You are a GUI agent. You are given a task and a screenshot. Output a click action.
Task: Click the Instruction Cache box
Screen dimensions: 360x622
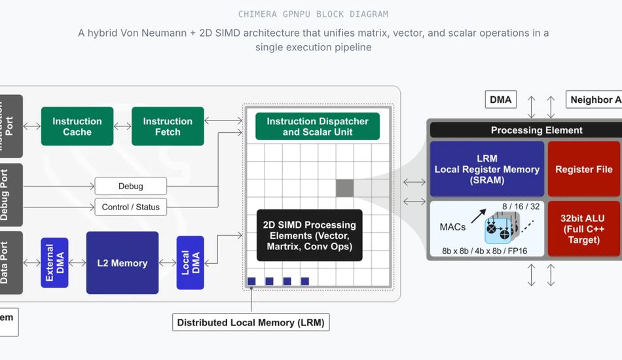[x=77, y=126]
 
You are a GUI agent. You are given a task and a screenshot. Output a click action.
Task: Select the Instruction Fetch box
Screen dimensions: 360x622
[x=168, y=126]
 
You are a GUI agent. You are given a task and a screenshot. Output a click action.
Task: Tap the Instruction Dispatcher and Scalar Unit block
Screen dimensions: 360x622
[x=318, y=126]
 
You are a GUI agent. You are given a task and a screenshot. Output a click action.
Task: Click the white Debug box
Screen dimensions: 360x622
[x=131, y=186]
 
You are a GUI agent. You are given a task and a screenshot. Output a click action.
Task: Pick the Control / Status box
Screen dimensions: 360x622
[x=131, y=207]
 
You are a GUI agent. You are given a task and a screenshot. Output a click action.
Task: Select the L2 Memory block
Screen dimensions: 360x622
[x=122, y=262]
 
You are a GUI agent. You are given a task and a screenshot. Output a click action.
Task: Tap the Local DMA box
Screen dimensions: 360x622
[x=190, y=262]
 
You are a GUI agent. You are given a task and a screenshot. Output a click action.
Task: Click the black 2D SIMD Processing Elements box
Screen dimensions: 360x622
[x=309, y=235]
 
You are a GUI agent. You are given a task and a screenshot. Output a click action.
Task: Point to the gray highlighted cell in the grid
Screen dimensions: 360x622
[x=344, y=188]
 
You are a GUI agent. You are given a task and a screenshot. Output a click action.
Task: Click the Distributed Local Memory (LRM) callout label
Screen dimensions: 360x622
[x=251, y=322]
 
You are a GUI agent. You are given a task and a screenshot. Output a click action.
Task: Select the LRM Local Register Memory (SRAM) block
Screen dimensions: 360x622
[x=486, y=169]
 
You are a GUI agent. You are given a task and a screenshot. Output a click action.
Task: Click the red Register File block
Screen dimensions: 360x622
[x=583, y=169]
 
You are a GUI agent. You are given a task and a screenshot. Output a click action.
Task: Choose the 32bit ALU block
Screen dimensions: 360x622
[x=583, y=228]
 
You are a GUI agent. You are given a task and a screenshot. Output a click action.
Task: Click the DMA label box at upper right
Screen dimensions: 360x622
[x=501, y=99]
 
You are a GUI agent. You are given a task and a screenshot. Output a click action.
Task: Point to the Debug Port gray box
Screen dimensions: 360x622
[x=10, y=194]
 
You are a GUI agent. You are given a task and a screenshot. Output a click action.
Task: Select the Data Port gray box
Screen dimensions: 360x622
[x=10, y=262]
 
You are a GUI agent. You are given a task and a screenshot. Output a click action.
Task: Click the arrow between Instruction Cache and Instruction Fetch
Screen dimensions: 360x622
[x=122, y=126]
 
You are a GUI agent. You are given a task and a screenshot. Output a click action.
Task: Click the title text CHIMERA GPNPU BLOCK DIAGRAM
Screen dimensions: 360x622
[x=313, y=14]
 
